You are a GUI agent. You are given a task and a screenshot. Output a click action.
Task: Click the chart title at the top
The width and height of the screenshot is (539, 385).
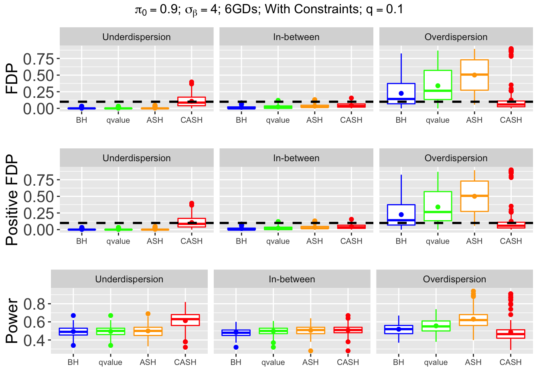tap(269, 10)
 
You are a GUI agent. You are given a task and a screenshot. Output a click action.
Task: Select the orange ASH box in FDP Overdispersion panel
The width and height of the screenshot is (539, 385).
tap(474, 75)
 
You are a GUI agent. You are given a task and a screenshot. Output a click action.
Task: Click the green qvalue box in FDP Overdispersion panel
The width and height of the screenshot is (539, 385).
tap(438, 85)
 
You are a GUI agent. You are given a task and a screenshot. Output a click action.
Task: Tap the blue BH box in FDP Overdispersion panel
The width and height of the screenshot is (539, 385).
tap(401, 93)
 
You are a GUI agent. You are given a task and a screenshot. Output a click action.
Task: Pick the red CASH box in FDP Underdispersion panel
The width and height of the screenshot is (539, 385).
tap(191, 101)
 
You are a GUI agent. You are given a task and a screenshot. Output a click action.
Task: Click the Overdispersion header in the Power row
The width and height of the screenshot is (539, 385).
tap(454, 279)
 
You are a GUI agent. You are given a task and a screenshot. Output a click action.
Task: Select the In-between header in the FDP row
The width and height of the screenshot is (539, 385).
tap(296, 37)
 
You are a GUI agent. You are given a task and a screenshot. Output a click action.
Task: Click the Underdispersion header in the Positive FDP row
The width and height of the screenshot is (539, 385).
tap(136, 158)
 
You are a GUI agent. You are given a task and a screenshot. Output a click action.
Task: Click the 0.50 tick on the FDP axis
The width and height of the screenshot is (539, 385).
tap(38, 75)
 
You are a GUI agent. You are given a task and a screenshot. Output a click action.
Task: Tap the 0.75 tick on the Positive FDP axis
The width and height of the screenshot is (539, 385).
tap(38, 180)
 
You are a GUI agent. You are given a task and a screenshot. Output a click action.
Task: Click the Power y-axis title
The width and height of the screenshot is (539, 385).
tap(12, 321)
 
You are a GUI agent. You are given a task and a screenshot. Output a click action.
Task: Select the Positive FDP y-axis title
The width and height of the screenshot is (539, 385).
tap(12, 200)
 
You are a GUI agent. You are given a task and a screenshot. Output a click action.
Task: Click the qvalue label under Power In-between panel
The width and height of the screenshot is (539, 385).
tap(273, 362)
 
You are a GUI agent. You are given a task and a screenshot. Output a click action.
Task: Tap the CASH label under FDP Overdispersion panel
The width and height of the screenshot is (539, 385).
tap(511, 120)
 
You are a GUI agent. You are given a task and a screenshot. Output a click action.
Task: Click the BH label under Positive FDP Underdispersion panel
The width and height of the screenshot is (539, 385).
tap(81, 241)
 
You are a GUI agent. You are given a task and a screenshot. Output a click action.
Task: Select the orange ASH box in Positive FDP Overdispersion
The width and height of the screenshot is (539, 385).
tap(474, 196)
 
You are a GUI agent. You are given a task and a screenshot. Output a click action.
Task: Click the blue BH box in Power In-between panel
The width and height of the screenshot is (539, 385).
tap(236, 332)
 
